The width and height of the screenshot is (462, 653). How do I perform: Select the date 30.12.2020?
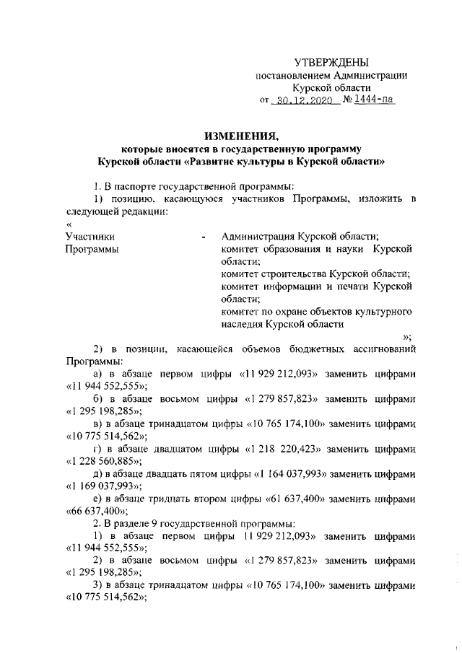coord(304,102)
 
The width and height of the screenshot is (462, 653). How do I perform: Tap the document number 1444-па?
coord(375,101)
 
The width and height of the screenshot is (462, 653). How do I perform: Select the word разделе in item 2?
coord(128,525)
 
